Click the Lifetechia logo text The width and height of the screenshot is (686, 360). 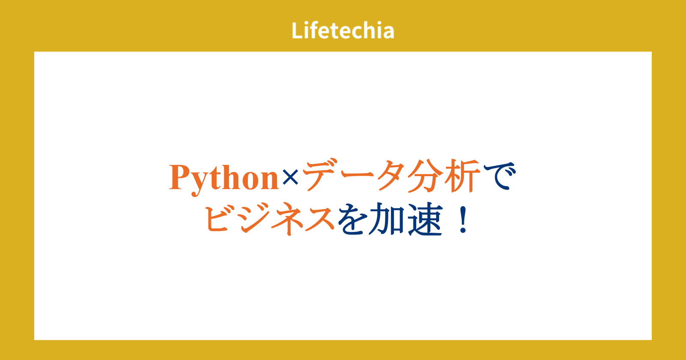click(343, 30)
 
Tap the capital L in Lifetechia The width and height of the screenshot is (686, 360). click(298, 30)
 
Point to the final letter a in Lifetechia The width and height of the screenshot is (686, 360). click(388, 33)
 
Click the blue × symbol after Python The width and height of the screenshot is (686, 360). click(290, 177)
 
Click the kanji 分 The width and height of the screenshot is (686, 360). click(425, 176)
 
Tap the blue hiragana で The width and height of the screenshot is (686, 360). click(499, 176)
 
